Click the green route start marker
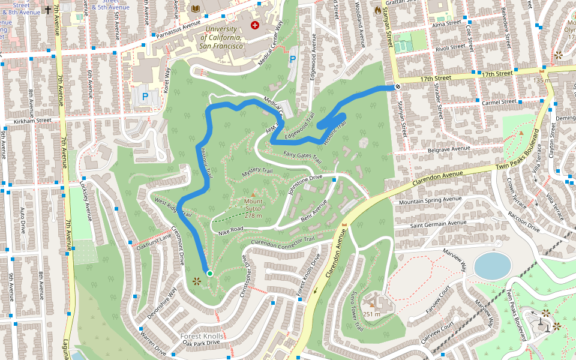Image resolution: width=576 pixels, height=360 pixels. [209, 274]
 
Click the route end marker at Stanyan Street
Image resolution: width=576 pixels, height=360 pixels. [397, 87]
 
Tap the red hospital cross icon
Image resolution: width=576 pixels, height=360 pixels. [255, 25]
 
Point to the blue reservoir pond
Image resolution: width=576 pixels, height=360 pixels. [492, 265]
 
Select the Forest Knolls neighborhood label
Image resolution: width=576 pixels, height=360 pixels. [202, 336]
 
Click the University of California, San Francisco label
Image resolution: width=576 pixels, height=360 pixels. [224, 37]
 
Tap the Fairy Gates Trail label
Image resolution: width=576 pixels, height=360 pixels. [302, 158]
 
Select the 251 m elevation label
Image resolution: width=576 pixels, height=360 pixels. [372, 314]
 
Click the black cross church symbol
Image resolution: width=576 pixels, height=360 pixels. [48, 10]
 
